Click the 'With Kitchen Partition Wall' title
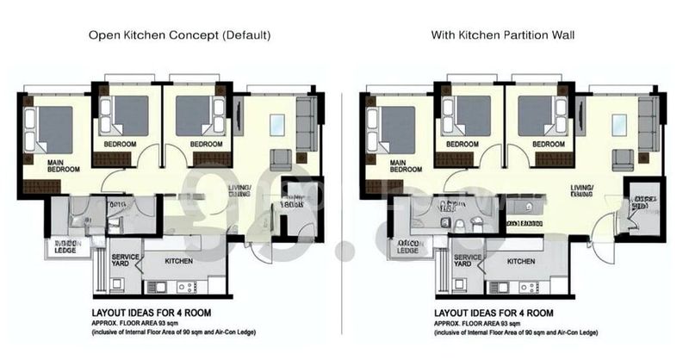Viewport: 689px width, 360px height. coord(504,35)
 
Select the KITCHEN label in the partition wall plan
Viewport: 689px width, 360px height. coord(520,261)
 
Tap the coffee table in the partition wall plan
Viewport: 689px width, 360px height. coord(618,124)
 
